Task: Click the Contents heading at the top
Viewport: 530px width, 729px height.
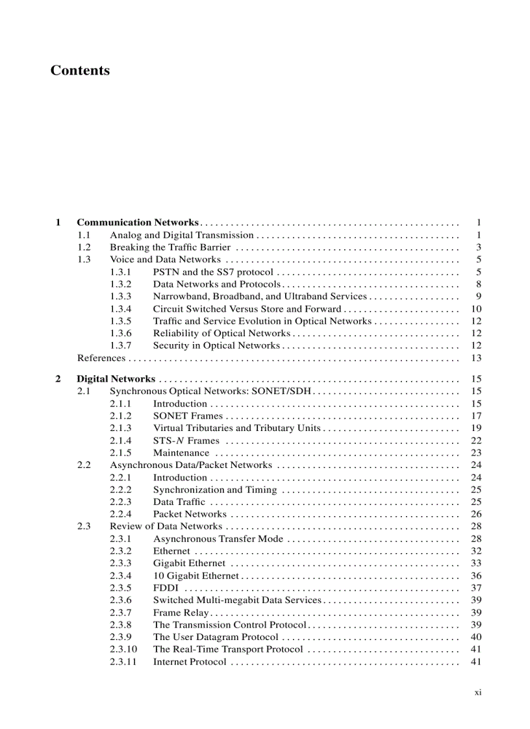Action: pos(80,70)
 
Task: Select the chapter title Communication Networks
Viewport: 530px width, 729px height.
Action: pos(138,223)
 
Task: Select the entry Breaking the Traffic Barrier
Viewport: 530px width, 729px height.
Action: pos(170,247)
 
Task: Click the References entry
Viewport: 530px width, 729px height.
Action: pos(101,358)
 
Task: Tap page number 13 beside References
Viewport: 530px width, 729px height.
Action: pos(476,358)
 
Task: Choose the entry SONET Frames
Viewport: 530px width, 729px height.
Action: pos(188,416)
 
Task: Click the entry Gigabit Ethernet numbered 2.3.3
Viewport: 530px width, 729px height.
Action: pos(189,563)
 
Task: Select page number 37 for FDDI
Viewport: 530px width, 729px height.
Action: pos(476,588)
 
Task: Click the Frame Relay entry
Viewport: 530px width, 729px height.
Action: pos(181,613)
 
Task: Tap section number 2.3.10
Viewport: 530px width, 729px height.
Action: pos(123,649)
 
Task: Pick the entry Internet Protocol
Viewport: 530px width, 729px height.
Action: pos(190,662)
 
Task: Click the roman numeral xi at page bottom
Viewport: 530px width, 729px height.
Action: pos(477,693)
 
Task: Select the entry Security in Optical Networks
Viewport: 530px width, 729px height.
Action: pos(216,346)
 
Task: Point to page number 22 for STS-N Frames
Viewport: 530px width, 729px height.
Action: pos(476,441)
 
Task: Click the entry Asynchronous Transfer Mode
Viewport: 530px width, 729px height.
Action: pos(218,539)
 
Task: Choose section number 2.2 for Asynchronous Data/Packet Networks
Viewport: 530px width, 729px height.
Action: pos(84,465)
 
